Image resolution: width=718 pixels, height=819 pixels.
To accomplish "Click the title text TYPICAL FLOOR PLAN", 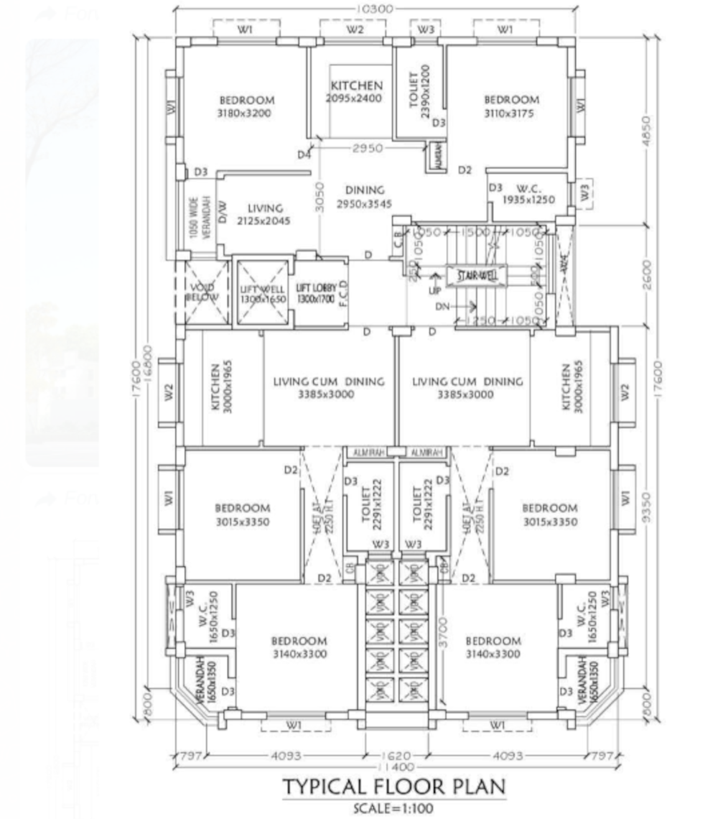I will tap(393, 787).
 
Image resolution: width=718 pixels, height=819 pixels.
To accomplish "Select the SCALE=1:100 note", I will tap(393, 808).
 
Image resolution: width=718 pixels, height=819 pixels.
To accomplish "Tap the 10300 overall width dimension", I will tap(375, 9).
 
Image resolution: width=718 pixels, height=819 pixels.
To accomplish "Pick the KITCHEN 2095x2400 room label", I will tap(353, 92).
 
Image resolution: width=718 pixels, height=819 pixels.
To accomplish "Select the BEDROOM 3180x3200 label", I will tap(246, 106).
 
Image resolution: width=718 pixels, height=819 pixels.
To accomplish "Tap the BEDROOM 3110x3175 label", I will tap(510, 106).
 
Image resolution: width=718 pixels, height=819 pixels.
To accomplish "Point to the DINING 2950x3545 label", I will tap(365, 198).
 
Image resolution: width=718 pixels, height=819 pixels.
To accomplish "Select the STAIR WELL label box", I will tap(477, 275).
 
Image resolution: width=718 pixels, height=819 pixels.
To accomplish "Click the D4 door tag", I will tap(304, 154).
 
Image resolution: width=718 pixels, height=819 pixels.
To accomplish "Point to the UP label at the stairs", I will tap(435, 292).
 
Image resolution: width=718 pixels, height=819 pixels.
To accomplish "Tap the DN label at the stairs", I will tap(443, 307).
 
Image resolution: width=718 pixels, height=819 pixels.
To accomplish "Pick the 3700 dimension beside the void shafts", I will tap(442, 631).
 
